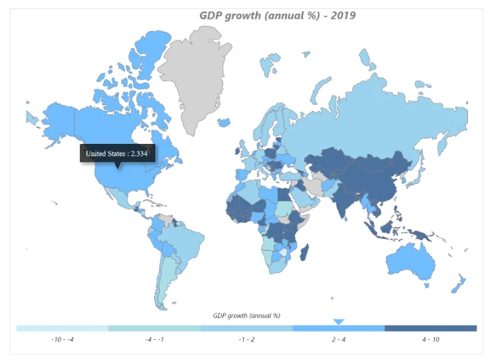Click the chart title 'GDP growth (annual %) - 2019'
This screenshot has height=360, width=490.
tap(277, 15)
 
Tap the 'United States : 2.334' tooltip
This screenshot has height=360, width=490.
tap(117, 153)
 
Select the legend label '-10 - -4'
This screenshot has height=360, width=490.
tap(62, 339)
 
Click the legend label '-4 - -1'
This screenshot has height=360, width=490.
tap(154, 339)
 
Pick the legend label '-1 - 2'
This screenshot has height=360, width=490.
tap(246, 339)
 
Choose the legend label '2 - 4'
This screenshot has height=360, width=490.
tap(338, 339)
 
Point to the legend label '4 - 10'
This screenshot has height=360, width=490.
tap(430, 339)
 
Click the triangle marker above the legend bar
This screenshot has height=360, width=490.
tap(338, 321)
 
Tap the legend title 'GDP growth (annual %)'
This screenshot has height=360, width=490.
tap(246, 315)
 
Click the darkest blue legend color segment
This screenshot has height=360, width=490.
tap(430, 328)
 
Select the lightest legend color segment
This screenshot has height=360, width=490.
tap(62, 328)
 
